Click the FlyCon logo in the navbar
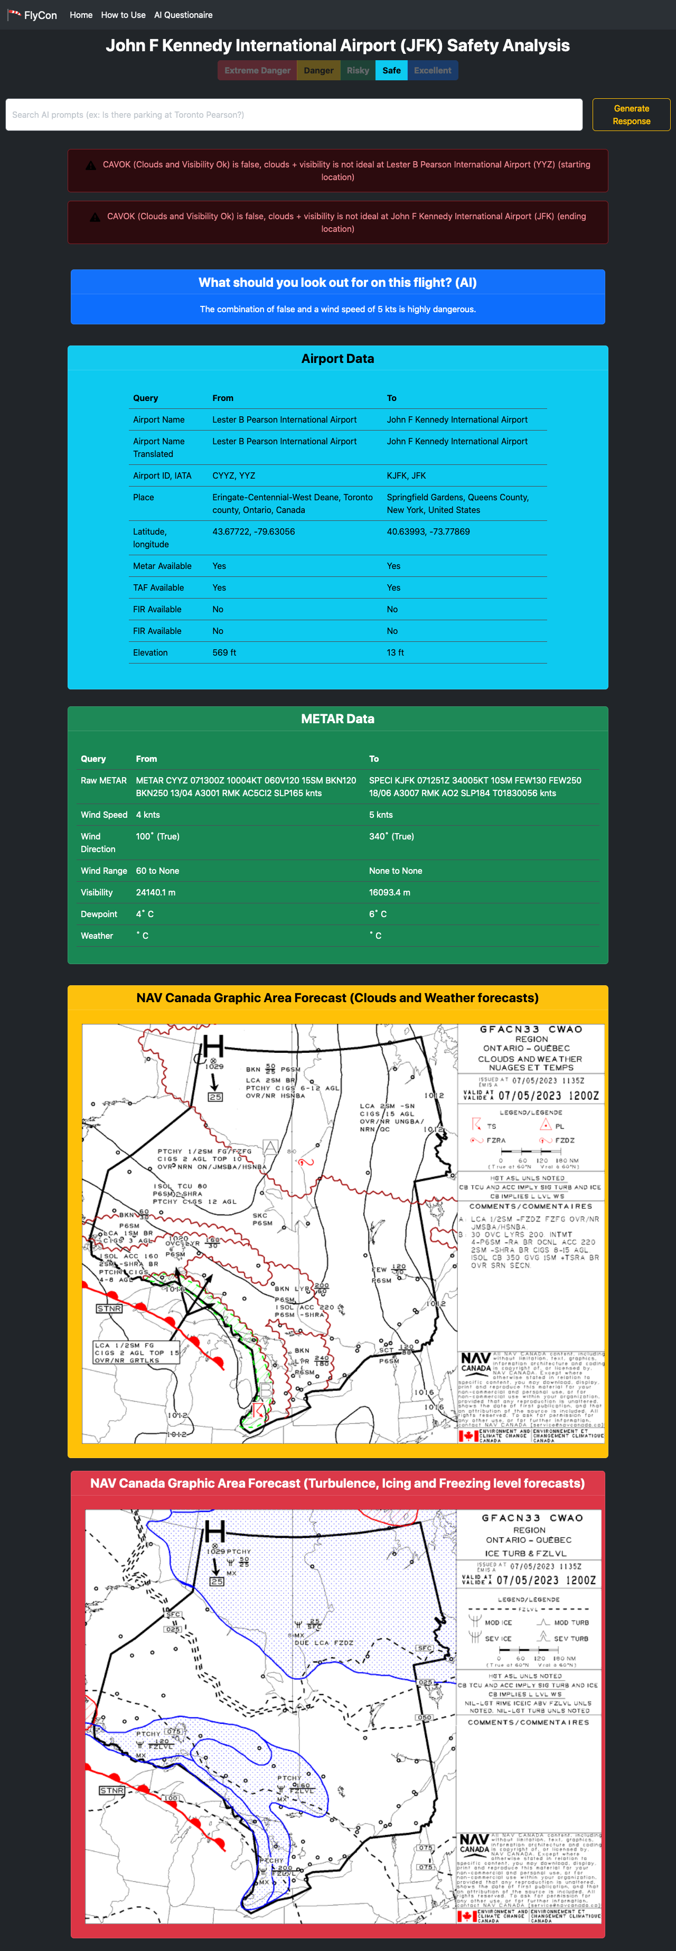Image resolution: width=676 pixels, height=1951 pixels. (33, 15)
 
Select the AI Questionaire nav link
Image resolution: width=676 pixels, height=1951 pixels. (183, 15)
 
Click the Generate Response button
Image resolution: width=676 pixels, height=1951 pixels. (631, 114)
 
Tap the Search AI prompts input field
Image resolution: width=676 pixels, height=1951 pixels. (294, 114)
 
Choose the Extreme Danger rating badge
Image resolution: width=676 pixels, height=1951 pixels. (257, 70)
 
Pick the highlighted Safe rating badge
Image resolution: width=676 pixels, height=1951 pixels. (391, 70)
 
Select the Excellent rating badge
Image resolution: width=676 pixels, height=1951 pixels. (432, 70)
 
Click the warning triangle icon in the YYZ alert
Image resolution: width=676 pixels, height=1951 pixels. (90, 165)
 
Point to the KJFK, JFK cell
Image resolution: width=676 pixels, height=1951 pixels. (407, 475)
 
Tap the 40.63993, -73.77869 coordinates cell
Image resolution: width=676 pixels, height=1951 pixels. (428, 531)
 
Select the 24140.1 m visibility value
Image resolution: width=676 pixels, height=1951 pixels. (156, 892)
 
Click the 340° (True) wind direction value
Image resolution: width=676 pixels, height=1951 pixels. (391, 836)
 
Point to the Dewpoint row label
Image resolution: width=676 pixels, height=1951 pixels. (99, 914)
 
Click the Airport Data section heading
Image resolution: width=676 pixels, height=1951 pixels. (337, 358)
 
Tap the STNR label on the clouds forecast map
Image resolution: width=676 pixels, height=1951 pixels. (109, 1308)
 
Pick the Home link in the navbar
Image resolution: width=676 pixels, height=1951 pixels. (81, 15)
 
